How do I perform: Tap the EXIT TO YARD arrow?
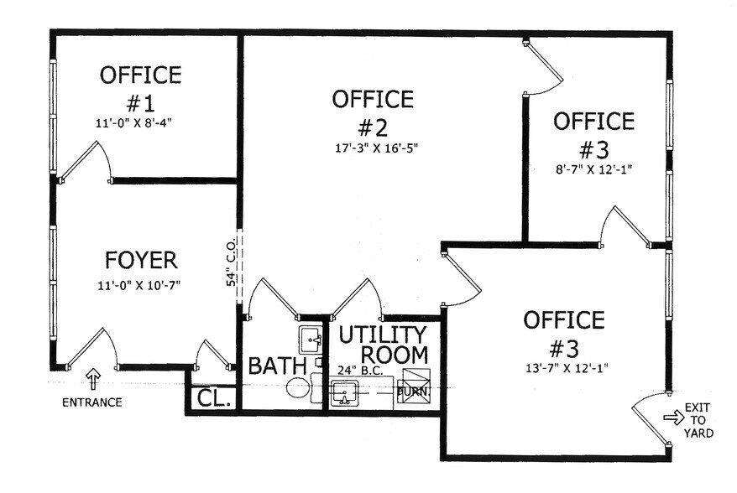tap(673, 416)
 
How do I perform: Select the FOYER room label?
tap(141, 258)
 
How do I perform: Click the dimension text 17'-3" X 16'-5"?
tap(373, 148)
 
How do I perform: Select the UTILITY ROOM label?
tap(383, 344)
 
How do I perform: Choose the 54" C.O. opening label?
tap(230, 267)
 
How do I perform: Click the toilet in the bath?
tap(298, 388)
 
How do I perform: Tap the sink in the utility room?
tap(345, 392)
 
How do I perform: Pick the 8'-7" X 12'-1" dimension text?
tap(593, 169)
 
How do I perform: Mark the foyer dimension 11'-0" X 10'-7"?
tap(139, 285)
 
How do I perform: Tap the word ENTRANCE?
tap(92, 402)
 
